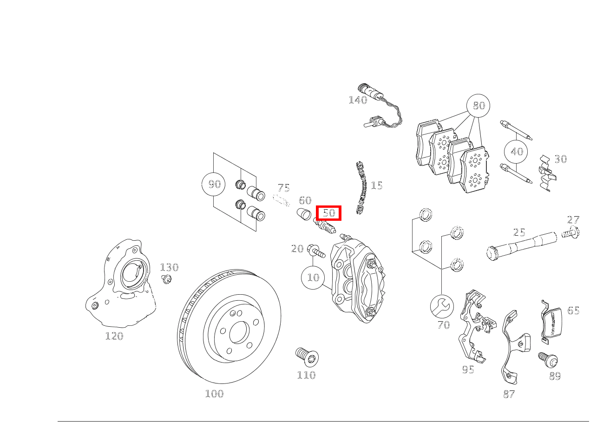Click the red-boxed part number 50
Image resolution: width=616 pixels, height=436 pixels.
click(329, 213)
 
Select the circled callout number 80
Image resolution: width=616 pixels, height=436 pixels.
click(478, 106)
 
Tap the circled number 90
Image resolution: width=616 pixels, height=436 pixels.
click(214, 184)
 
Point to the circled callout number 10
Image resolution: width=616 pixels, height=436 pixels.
click(313, 277)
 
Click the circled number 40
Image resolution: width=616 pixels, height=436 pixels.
click(517, 152)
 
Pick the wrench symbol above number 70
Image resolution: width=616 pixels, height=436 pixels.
click(441, 306)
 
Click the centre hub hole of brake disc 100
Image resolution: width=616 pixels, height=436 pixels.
click(238, 330)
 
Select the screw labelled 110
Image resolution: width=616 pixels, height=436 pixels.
click(307, 357)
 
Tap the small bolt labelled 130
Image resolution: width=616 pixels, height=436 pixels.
click(166, 279)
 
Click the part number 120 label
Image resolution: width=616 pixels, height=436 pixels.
click(114, 336)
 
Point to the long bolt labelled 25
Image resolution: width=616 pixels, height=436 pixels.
click(520, 245)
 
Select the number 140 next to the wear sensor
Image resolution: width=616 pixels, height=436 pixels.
click(358, 100)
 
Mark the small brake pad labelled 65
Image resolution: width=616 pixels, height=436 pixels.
click(552, 322)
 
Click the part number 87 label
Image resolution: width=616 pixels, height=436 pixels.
click(509, 394)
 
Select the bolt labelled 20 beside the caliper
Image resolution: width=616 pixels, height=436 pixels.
click(316, 251)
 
